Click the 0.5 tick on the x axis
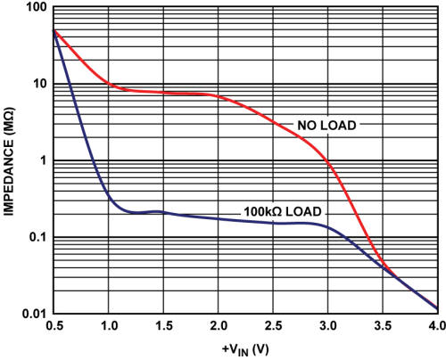pyautogui.click(x=54, y=326)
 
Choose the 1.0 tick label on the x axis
pyautogui.click(x=108, y=326)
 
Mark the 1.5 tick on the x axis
pyautogui.click(x=163, y=326)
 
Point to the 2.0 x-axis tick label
pyautogui.click(x=218, y=326)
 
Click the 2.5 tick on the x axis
pyautogui.click(x=273, y=326)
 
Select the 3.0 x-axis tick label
pyautogui.click(x=327, y=326)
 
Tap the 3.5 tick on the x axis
pyautogui.click(x=383, y=326)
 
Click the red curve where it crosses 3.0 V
pyautogui.click(x=328, y=162)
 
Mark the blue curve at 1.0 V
pyautogui.click(x=109, y=195)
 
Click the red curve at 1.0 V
pyautogui.click(x=109, y=85)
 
